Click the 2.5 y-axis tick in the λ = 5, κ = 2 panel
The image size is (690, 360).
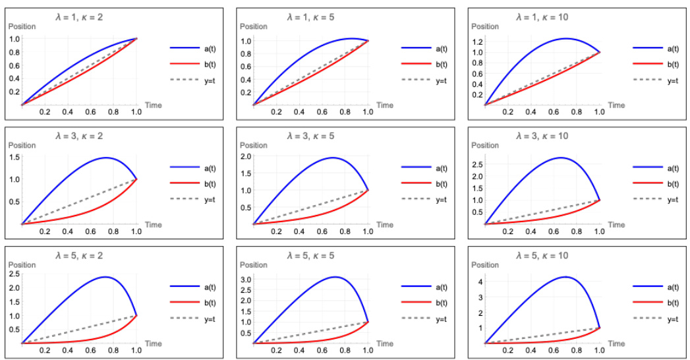(x=13, y=274)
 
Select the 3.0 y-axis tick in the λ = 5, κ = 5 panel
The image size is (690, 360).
(x=244, y=280)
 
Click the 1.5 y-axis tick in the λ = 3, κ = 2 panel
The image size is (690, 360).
(x=13, y=157)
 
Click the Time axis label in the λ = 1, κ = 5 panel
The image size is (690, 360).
(x=385, y=105)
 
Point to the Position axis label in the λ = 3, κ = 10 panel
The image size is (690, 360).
(x=485, y=145)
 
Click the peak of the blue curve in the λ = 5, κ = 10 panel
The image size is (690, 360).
(x=565, y=277)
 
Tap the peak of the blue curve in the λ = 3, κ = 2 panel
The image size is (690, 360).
(x=105, y=158)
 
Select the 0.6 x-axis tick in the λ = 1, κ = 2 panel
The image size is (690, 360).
(x=90, y=113)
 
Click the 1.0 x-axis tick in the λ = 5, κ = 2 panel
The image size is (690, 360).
(x=136, y=351)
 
